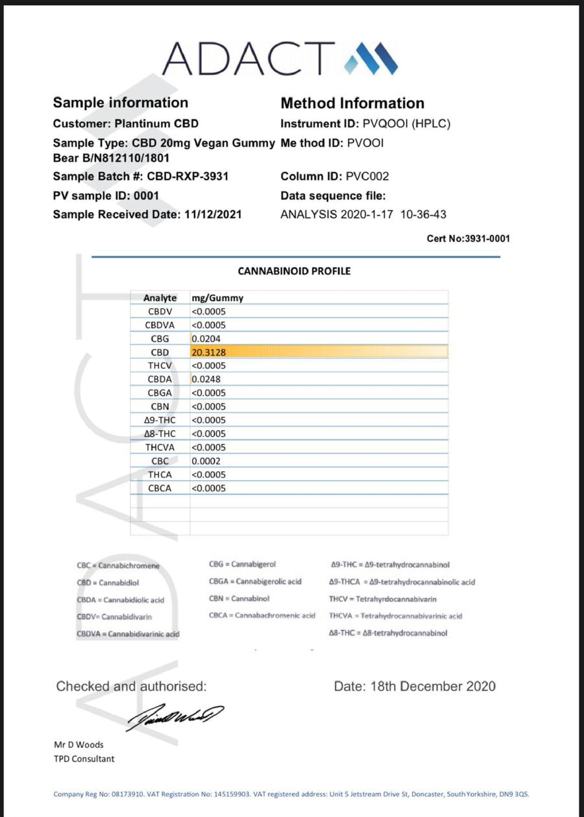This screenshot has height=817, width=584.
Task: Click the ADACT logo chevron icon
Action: click(x=371, y=59)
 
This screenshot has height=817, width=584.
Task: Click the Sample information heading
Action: click(x=120, y=103)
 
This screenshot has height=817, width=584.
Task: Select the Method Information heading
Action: click(x=352, y=103)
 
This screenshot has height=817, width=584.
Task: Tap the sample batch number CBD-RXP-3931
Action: click(x=188, y=176)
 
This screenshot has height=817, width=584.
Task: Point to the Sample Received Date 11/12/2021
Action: click(x=213, y=214)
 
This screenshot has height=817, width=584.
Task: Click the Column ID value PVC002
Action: click(x=367, y=176)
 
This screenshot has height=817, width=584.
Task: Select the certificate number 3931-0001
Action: click(x=487, y=239)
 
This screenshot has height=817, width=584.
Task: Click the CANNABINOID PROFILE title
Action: click(x=294, y=271)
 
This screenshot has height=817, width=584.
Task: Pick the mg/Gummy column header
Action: click(x=217, y=298)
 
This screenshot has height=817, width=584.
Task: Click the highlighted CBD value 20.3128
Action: click(x=209, y=352)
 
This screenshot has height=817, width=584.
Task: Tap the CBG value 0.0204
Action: click(x=206, y=339)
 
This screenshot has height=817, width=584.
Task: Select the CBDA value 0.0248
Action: click(x=206, y=379)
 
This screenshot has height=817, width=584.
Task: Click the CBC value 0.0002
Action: click(x=206, y=461)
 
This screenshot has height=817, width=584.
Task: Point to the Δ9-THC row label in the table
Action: click(x=160, y=420)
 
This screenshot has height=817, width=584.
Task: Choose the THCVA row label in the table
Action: click(x=160, y=448)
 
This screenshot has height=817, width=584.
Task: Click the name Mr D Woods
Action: click(x=79, y=745)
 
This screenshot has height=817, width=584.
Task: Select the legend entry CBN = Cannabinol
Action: click(x=239, y=598)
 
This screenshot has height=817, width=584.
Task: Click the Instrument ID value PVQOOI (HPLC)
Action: click(x=406, y=124)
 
